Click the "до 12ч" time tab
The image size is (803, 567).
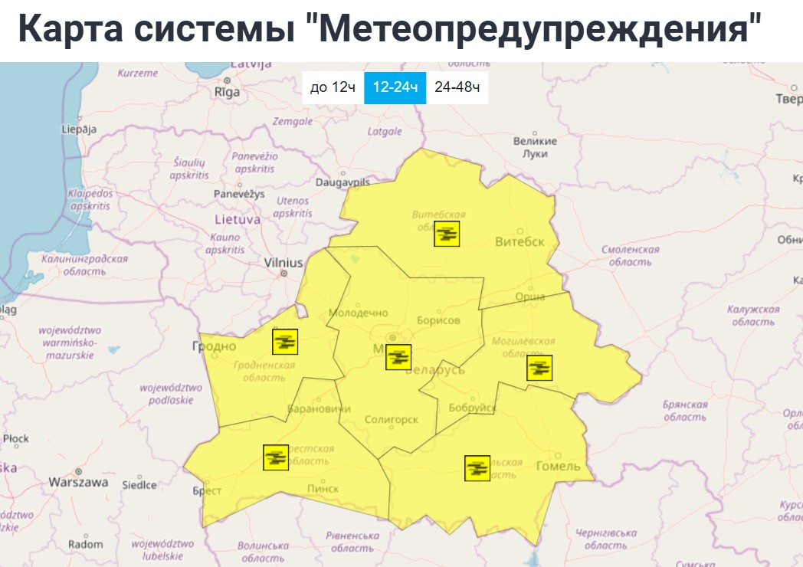click(333, 87)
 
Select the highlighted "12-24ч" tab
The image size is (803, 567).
click(395, 87)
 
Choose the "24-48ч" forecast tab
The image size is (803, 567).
click(457, 87)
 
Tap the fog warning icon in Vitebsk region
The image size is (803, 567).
click(447, 233)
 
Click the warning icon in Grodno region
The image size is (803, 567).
click(285, 341)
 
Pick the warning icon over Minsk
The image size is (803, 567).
click(398, 357)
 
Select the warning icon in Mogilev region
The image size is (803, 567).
click(539, 368)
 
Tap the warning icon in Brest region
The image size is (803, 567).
click(276, 457)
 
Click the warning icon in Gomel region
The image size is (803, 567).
click(477, 467)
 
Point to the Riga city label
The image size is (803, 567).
click(228, 92)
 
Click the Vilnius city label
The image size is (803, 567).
click(284, 262)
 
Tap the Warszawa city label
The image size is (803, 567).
click(78, 483)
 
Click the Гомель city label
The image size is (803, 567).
click(559, 466)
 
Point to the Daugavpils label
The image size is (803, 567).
click(343, 183)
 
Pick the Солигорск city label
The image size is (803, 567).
click(391, 420)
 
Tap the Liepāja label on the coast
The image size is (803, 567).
click(79, 129)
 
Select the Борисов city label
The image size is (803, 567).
click(438, 320)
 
